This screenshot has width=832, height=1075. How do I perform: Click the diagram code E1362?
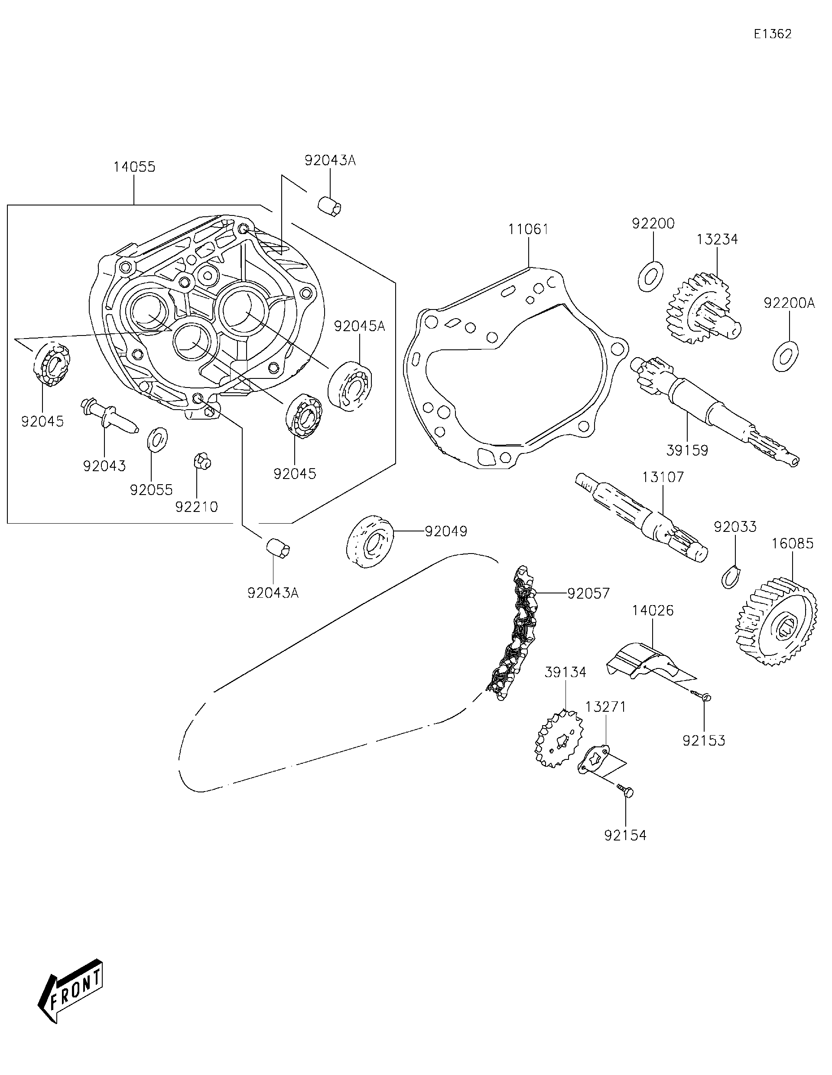point(773,34)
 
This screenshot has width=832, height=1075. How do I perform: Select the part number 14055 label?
point(134,167)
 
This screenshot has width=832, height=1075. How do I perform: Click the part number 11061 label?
point(528,229)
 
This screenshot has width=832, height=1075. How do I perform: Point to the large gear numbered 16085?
point(777,624)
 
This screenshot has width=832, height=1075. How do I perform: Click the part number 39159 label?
point(687,450)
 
